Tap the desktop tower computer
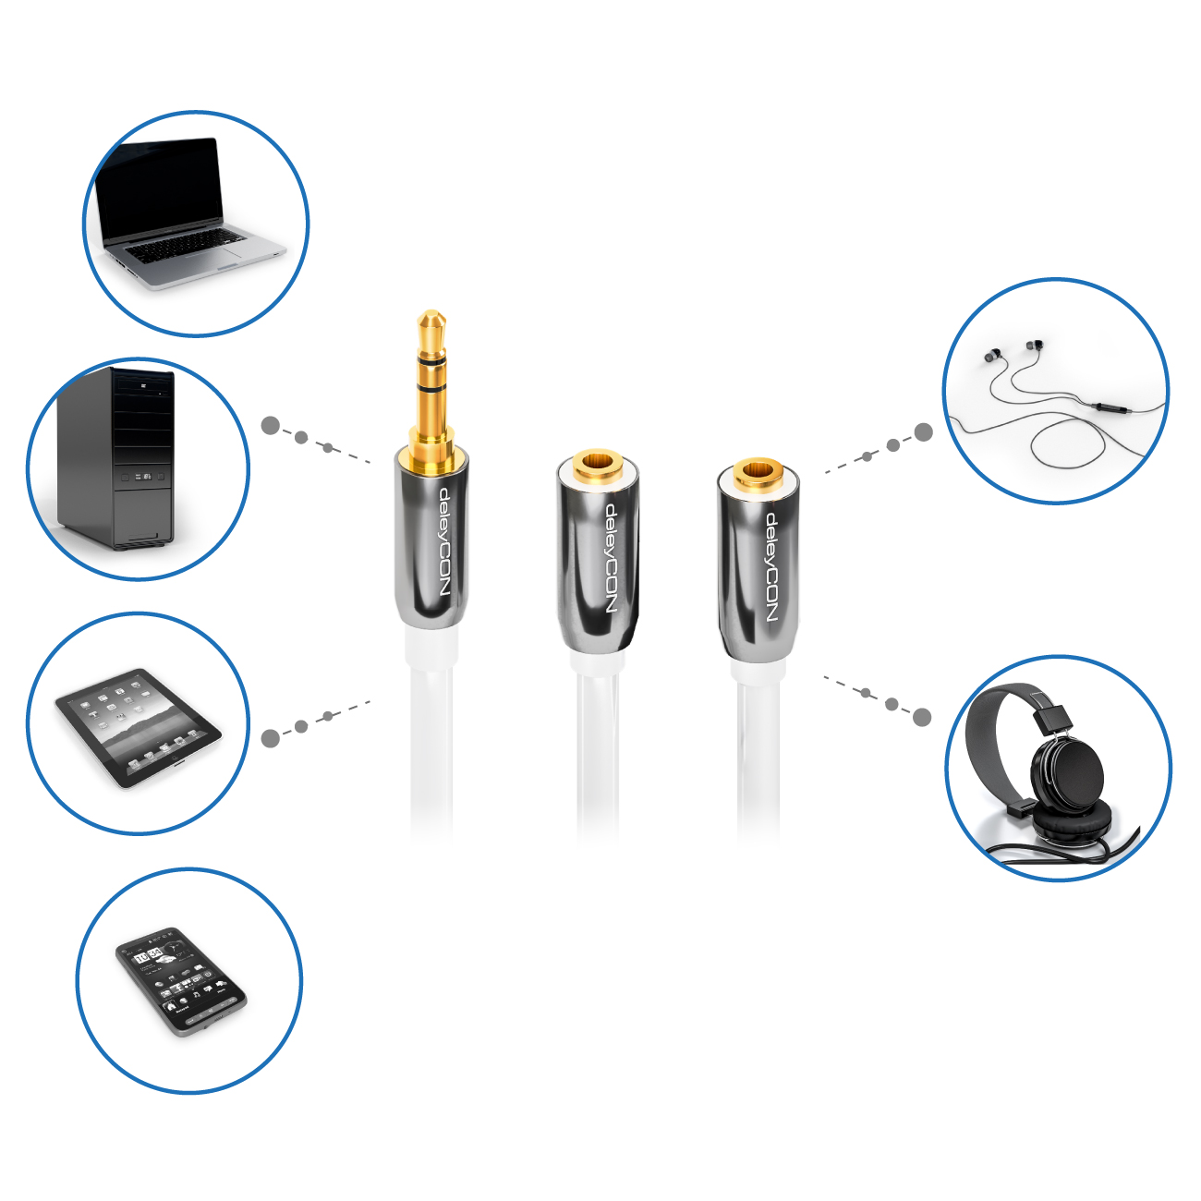(115, 459)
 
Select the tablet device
(138, 727)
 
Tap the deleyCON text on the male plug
(444, 542)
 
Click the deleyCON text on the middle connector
(611, 558)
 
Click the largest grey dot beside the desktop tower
(271, 426)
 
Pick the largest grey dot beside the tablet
(271, 738)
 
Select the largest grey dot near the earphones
(923, 432)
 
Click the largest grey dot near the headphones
(922, 717)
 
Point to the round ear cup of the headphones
(1067, 773)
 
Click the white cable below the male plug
(431, 735)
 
